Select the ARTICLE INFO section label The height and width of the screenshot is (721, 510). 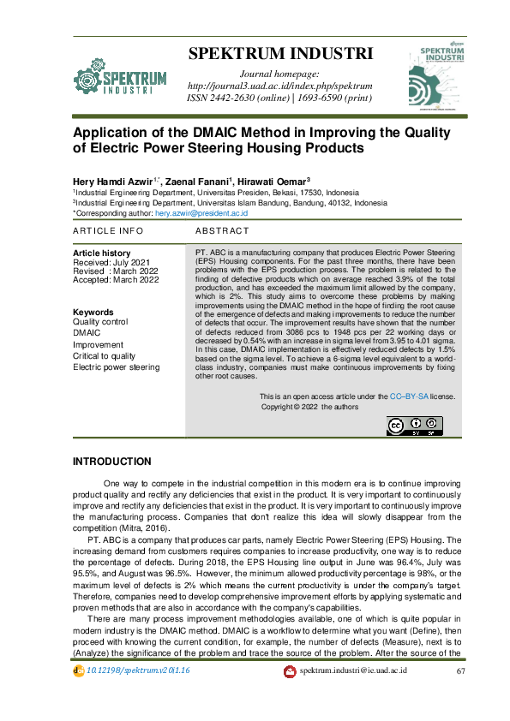tap(108, 231)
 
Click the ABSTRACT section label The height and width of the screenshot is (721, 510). tap(222, 231)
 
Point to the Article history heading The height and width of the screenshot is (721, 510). tap(102, 253)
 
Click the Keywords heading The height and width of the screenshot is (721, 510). tap(93, 312)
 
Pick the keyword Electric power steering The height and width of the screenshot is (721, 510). tap(116, 366)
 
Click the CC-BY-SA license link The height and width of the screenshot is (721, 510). tap(409, 396)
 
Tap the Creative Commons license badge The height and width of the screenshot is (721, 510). tap(415, 425)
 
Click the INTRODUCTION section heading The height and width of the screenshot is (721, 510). tap(112, 462)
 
